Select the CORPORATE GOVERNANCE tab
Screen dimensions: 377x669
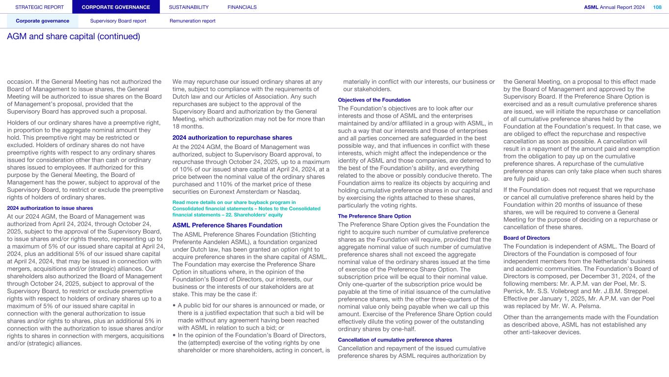[x=116, y=7]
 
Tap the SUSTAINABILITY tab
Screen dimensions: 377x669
[x=189, y=7]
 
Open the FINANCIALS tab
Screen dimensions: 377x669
[x=242, y=7]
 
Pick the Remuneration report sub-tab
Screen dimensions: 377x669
[x=192, y=21]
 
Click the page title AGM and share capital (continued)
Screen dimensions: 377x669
[x=74, y=37]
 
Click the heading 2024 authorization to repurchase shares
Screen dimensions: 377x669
[x=232, y=137]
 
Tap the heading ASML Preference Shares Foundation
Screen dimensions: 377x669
[x=227, y=225]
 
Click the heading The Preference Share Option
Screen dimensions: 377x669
[x=374, y=216]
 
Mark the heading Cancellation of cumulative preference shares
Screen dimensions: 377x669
[x=395, y=340]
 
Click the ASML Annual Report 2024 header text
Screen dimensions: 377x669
[x=615, y=7]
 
